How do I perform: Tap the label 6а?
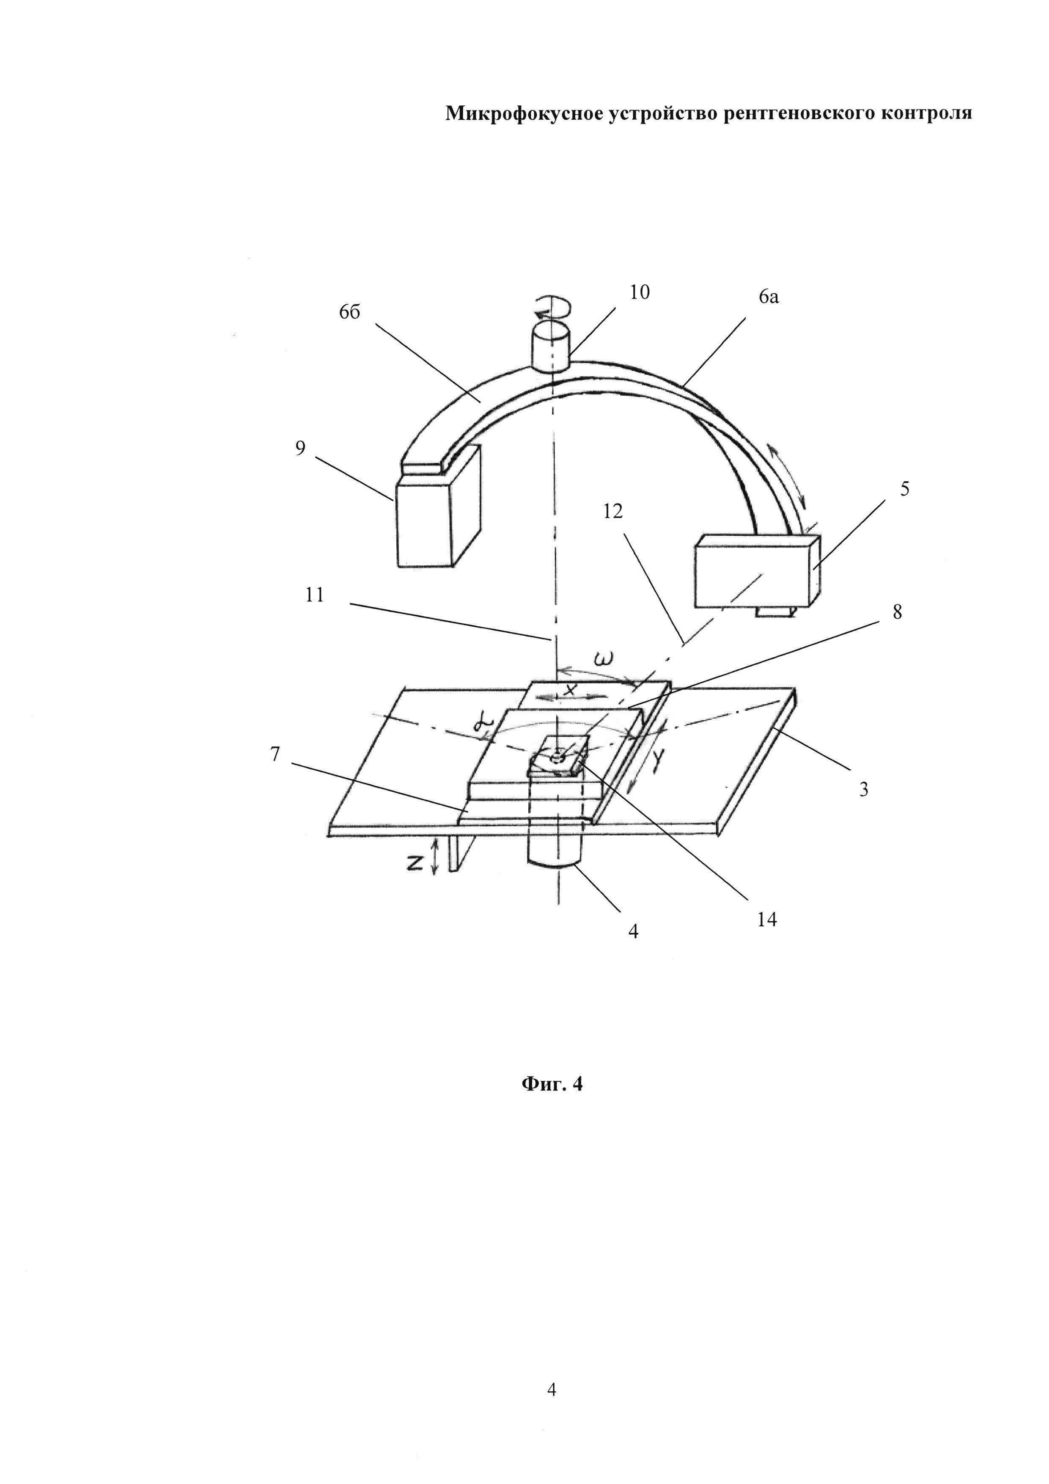[x=769, y=297]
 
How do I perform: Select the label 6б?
[x=349, y=313]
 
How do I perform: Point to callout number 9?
[x=300, y=448]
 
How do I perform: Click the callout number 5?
[x=905, y=489]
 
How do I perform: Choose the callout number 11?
[x=315, y=595]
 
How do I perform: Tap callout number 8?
[x=897, y=611]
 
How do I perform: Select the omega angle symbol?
[x=603, y=660]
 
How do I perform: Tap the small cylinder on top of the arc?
[x=550, y=349]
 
